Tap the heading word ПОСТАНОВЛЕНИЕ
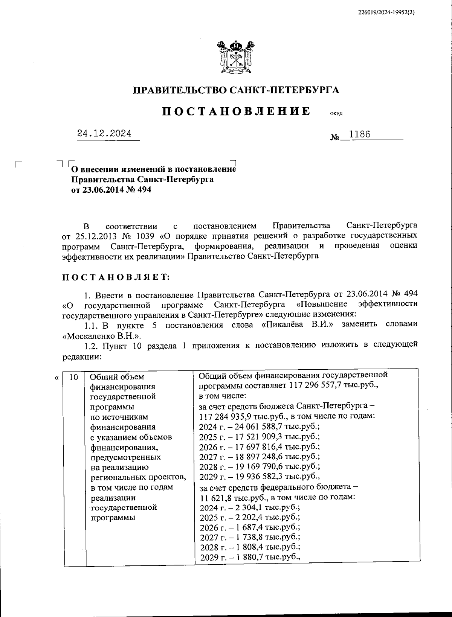click(x=237, y=111)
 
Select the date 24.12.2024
click(x=104, y=134)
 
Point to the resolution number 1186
click(x=360, y=134)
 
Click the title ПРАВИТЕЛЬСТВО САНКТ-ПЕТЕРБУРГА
click(x=237, y=90)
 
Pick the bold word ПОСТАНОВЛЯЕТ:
click(x=116, y=277)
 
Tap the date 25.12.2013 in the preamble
click(x=96, y=236)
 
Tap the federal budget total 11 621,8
click(x=214, y=497)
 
